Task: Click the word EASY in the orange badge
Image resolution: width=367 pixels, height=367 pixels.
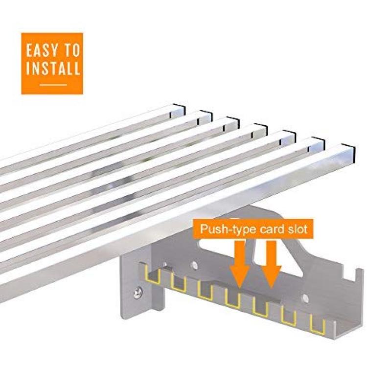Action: click(x=42, y=50)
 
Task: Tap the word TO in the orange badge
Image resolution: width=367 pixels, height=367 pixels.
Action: click(x=72, y=50)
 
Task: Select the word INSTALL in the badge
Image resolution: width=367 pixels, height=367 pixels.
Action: click(x=53, y=68)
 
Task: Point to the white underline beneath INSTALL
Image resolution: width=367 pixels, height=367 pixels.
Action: click(x=53, y=85)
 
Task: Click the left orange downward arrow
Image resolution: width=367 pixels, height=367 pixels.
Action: click(x=239, y=264)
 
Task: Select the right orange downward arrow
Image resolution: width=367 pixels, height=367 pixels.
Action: click(x=271, y=264)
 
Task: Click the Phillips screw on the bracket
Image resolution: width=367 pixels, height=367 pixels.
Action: click(x=138, y=293)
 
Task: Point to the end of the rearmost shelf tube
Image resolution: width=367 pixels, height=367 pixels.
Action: click(x=179, y=111)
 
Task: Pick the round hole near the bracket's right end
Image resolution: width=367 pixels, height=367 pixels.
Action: click(x=305, y=298)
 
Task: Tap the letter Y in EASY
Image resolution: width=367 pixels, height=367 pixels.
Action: click(x=55, y=50)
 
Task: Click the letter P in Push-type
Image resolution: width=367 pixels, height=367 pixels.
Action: click(x=204, y=229)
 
